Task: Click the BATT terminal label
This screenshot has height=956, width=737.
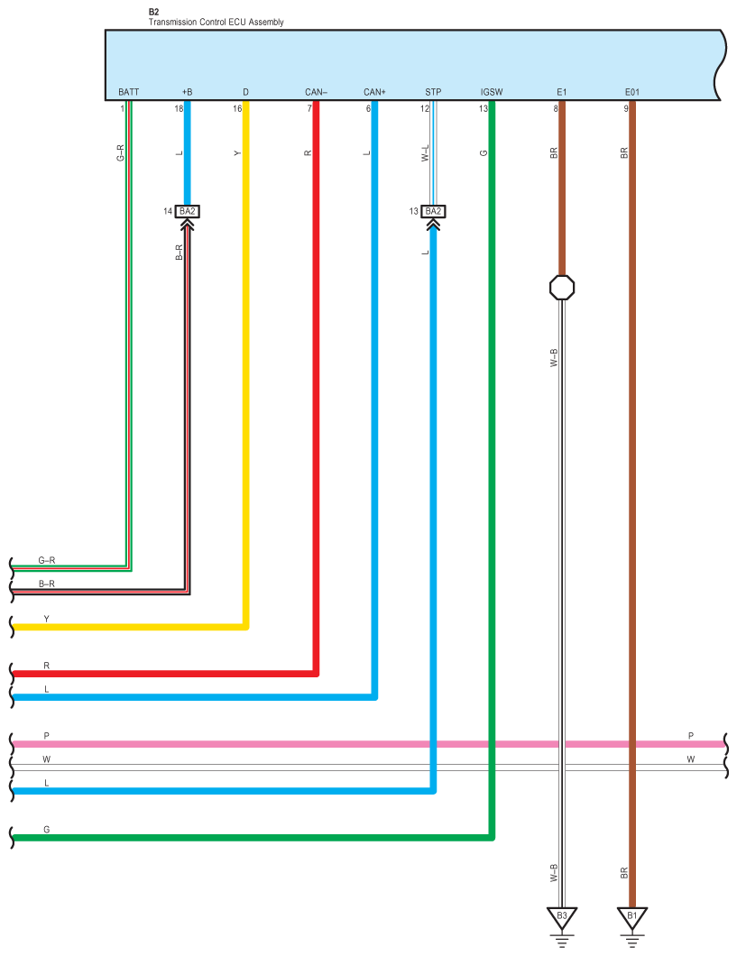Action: click(x=128, y=92)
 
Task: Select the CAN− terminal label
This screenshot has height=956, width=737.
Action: click(x=316, y=92)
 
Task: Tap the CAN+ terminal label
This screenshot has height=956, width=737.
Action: click(x=374, y=92)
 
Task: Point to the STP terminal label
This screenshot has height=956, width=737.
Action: click(x=433, y=92)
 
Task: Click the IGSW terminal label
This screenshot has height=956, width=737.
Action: click(x=492, y=92)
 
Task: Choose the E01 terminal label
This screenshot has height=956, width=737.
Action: click(x=631, y=92)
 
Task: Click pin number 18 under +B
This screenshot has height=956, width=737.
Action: click(x=179, y=108)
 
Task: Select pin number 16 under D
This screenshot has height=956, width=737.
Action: click(x=237, y=108)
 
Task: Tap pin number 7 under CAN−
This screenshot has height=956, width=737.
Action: click(x=309, y=108)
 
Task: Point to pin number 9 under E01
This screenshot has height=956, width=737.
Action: click(x=625, y=108)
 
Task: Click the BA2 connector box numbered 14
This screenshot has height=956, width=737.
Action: click(x=188, y=211)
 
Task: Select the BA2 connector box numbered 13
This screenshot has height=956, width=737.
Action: click(x=433, y=211)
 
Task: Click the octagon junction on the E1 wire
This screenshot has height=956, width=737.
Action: click(x=562, y=288)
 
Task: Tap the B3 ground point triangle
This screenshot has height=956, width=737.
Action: click(x=561, y=917)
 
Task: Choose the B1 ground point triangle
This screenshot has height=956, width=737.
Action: click(x=631, y=917)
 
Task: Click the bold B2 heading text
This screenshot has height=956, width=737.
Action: click(x=153, y=12)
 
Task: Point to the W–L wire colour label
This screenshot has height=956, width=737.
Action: click(x=425, y=153)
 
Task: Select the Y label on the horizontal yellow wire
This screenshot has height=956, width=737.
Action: click(x=47, y=619)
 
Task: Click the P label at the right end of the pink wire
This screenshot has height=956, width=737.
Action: click(x=691, y=736)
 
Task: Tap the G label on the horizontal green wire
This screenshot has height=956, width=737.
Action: click(x=47, y=828)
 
